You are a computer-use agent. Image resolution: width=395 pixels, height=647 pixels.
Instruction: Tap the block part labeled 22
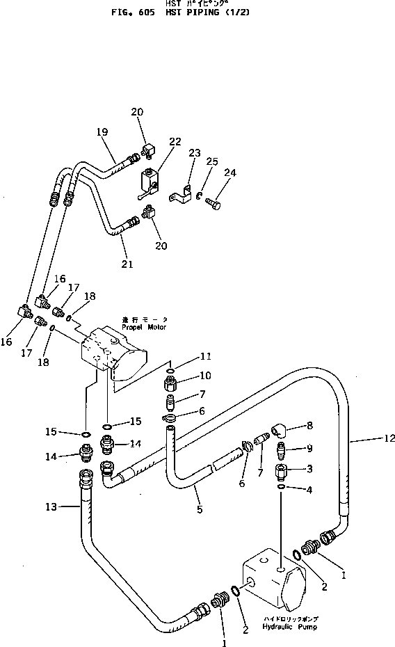click(x=148, y=181)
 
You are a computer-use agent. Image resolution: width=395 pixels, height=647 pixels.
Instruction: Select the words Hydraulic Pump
click(x=284, y=626)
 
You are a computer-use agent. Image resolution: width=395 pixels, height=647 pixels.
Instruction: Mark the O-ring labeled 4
click(x=280, y=488)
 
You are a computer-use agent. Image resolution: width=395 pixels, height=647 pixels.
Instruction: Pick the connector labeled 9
click(x=281, y=450)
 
